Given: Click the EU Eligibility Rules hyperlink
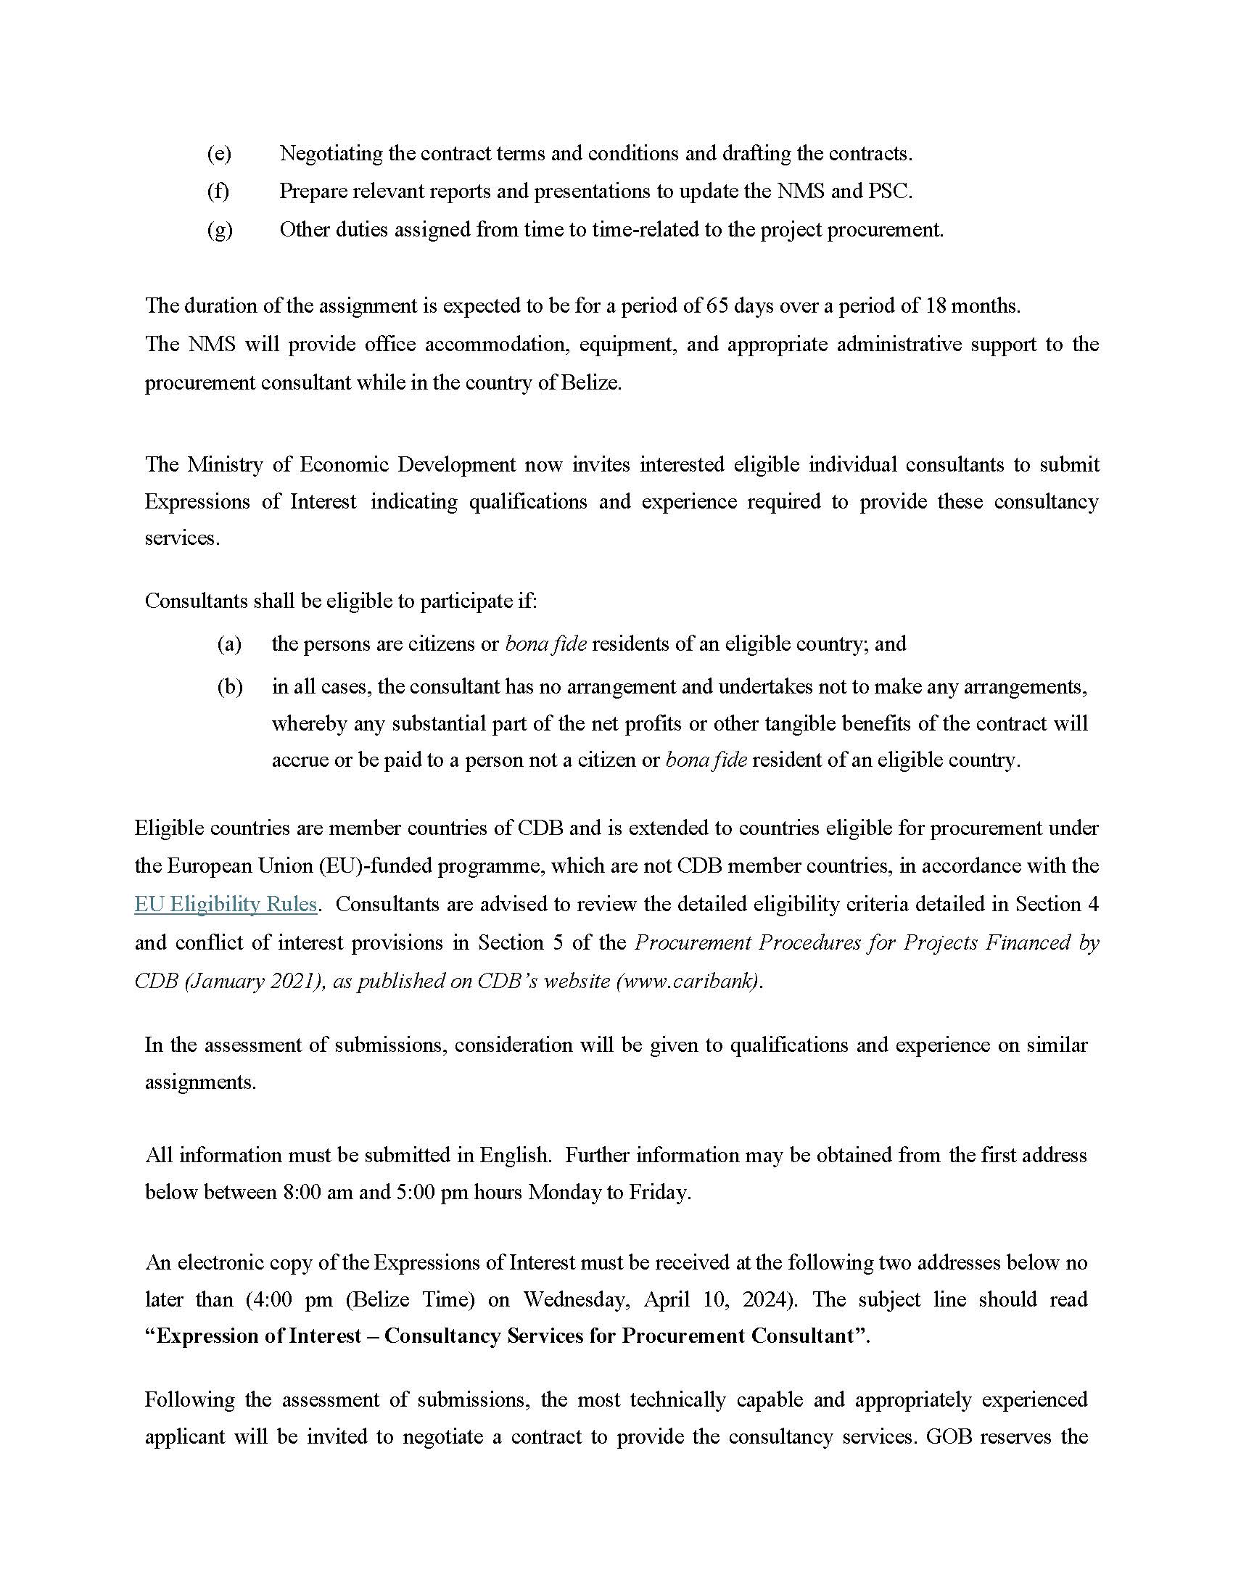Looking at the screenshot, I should [225, 904].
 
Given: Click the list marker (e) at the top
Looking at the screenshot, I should [218, 154].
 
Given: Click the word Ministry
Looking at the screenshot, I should [224, 464].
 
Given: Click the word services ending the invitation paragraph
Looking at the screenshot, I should [181, 538].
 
